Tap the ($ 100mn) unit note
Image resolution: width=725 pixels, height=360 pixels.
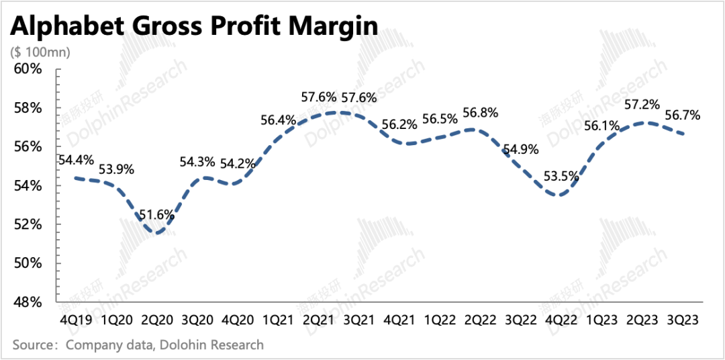40,51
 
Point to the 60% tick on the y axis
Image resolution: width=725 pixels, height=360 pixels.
29,69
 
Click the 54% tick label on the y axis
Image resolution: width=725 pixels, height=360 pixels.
29,185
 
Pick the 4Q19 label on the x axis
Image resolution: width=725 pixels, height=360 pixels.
76,320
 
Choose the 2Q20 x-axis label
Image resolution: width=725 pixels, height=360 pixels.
159,320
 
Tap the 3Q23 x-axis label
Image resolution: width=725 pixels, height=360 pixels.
682,320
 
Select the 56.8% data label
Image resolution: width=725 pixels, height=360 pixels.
480,113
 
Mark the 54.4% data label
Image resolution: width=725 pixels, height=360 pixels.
76,161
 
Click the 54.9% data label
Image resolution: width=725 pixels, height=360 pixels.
521,149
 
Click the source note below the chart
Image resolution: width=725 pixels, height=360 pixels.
138,345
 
